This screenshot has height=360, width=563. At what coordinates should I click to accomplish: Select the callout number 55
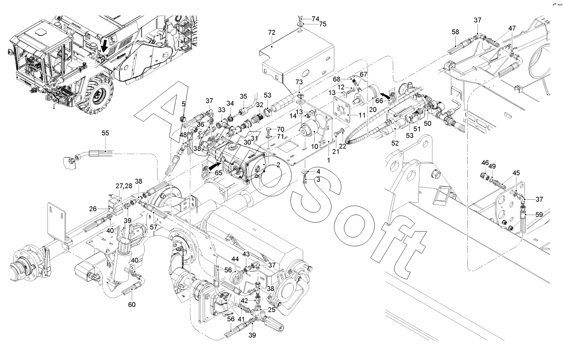(x=106, y=133)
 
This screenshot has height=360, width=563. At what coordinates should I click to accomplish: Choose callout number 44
(x=235, y=259)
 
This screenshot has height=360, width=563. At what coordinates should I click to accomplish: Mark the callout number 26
(x=93, y=209)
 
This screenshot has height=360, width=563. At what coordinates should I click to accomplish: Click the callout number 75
(x=322, y=24)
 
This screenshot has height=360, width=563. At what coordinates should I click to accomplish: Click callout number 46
(x=485, y=163)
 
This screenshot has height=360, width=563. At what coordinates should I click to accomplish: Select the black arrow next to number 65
(x=213, y=167)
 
